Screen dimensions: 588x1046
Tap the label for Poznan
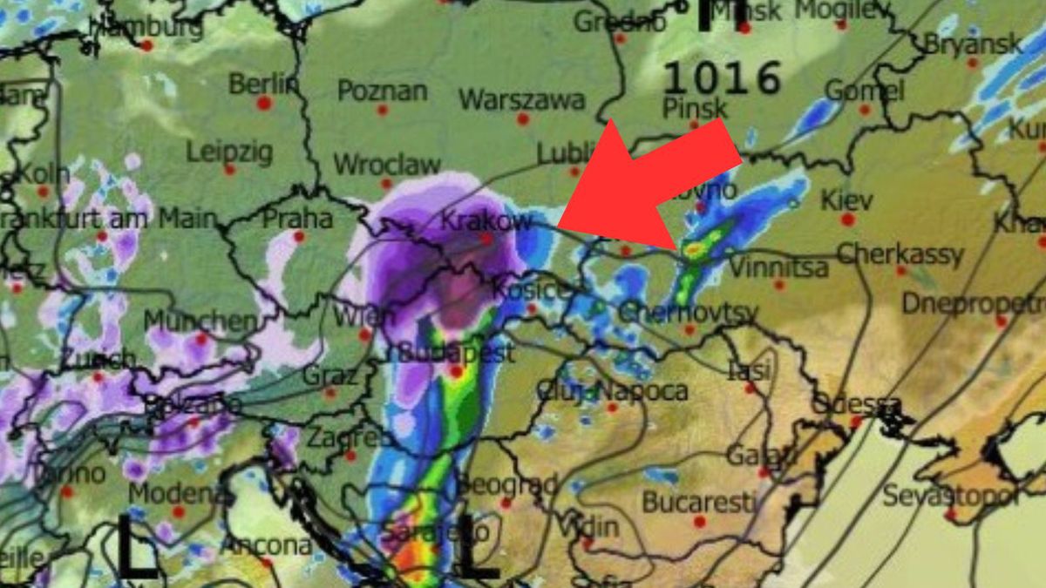383,91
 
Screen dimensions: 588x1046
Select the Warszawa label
521,99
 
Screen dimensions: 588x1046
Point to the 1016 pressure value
722,78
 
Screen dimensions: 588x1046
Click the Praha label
297,218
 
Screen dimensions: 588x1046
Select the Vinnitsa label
778,267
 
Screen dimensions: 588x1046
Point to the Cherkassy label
900,254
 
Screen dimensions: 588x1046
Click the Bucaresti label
698,502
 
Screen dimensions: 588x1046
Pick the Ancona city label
266,545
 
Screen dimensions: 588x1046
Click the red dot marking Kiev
847,220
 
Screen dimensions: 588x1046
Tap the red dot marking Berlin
264,103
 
